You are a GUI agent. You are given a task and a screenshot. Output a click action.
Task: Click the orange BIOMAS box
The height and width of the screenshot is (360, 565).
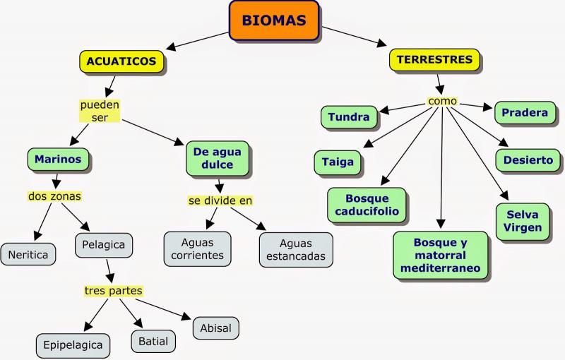coord(274,20)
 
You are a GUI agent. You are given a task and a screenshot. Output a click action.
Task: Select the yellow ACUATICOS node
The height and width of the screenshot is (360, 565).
coord(121,62)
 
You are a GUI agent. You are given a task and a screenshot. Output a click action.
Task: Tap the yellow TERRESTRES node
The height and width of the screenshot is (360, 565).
coord(434,61)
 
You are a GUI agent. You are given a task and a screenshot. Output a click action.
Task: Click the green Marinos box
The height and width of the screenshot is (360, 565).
coord(59,160)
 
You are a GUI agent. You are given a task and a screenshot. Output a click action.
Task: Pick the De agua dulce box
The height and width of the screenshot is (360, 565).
coord(218,159)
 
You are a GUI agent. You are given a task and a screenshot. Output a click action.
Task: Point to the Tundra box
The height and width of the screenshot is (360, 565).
coord(349,117)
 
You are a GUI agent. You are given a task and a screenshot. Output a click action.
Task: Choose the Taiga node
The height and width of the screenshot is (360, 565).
coord(338,162)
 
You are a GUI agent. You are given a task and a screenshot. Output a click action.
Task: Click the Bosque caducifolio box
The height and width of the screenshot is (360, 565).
coord(367,205)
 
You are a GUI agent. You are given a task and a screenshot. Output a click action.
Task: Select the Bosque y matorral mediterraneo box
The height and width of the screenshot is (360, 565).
coord(440,255)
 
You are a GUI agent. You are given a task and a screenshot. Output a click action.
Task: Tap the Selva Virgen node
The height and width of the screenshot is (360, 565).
coord(523,221)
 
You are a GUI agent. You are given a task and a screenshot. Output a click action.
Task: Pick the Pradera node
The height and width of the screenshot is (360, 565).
coord(525,113)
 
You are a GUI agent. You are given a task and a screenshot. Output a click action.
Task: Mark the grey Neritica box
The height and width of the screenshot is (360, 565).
coord(29,254)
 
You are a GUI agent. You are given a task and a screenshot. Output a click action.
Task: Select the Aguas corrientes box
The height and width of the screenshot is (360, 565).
coord(197,249)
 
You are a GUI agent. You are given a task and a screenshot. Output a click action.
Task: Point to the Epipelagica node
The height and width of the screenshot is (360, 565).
coord(73,345)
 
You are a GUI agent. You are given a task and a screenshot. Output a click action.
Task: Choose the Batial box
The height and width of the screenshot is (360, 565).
coord(153,341)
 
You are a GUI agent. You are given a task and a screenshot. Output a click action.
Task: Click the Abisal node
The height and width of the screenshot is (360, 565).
coord(215,328)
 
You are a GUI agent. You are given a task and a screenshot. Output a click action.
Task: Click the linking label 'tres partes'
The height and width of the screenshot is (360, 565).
coord(114,290)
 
